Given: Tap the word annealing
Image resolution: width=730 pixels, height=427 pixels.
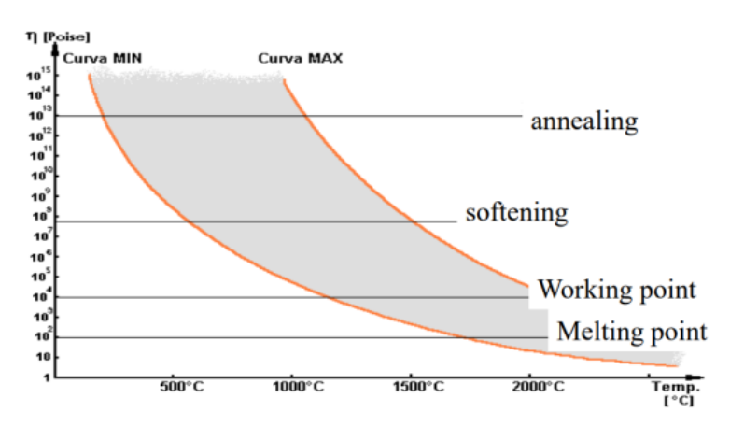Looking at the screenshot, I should click(583, 121).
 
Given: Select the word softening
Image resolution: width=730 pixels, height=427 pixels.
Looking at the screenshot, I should click(516, 213).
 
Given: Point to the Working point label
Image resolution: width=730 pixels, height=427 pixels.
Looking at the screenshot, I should click(616, 290).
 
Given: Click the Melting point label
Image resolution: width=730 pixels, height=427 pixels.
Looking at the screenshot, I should click(632, 332).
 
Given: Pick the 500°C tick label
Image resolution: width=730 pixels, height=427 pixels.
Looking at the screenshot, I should click(183, 386).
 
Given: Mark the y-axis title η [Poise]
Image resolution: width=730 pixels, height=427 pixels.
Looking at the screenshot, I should click(44, 37).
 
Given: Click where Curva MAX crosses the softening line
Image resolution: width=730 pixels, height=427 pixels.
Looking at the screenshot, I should click(414, 221).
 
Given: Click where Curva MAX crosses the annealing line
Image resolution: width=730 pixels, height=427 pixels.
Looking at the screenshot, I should click(304, 116).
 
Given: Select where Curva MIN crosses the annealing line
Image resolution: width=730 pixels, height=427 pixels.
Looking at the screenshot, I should click(105, 116).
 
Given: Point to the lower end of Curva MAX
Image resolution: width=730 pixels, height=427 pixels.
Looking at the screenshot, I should click(528, 285).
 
